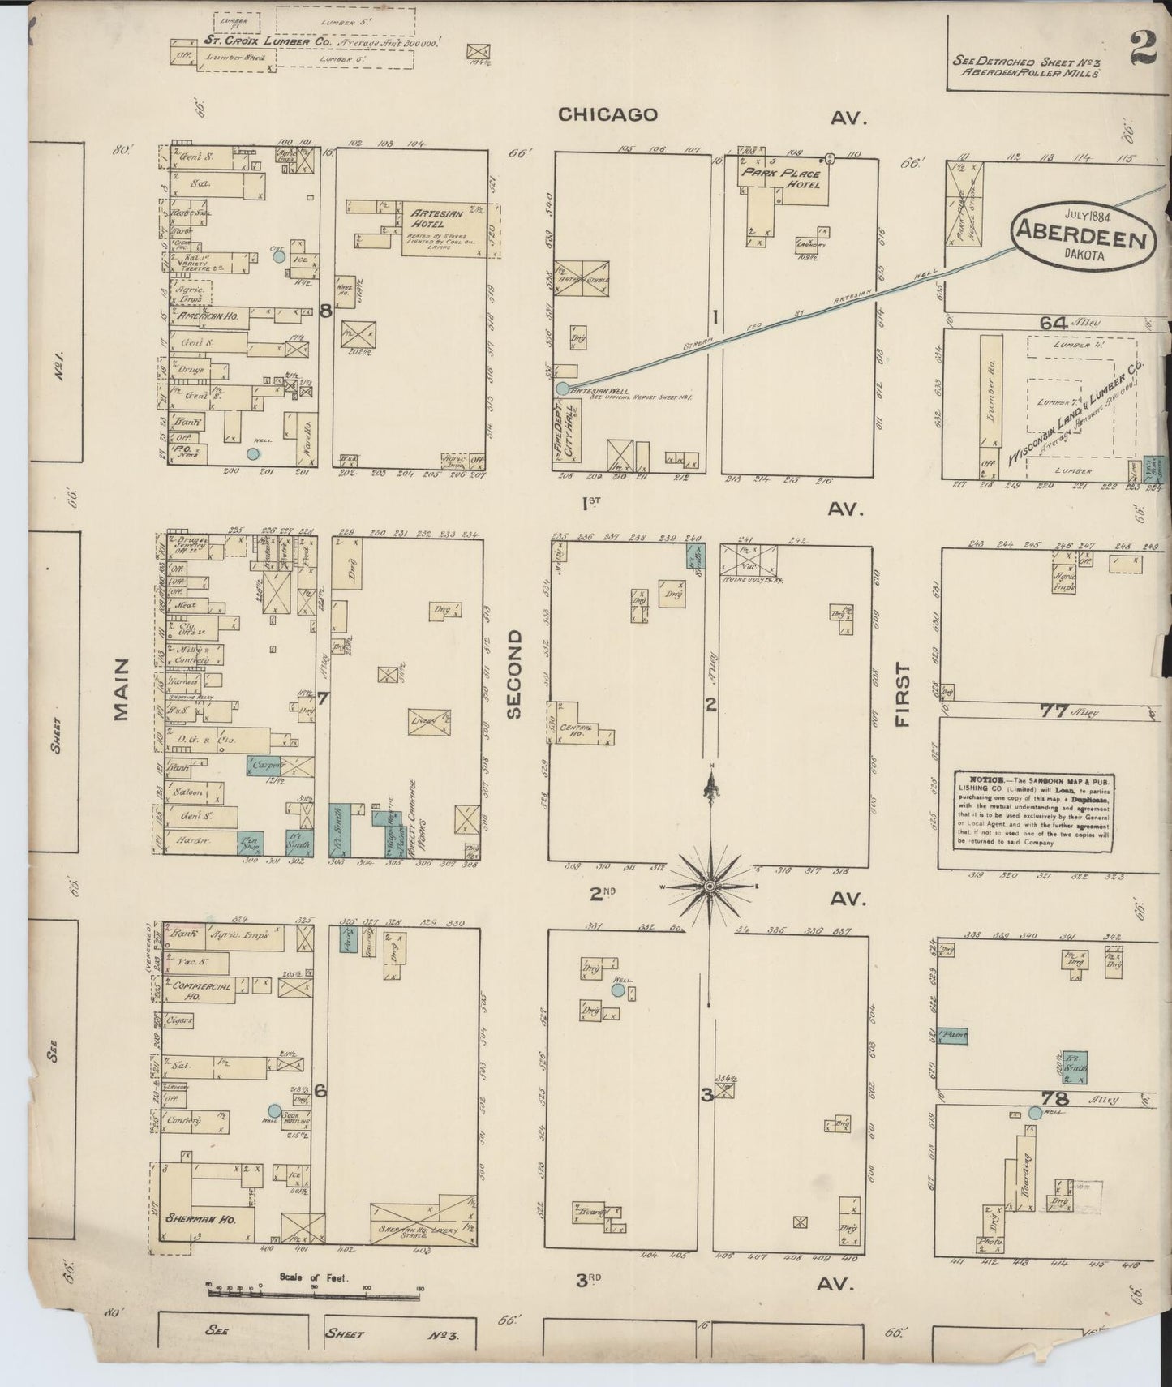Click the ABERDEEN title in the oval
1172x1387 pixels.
click(1083, 239)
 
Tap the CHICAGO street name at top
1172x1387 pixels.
click(607, 114)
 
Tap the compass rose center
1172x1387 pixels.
click(710, 887)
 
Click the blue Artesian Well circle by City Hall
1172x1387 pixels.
click(563, 388)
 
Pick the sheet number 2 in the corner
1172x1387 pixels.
click(1140, 50)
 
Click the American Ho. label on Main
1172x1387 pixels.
click(207, 316)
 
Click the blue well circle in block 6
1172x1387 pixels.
click(274, 1110)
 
